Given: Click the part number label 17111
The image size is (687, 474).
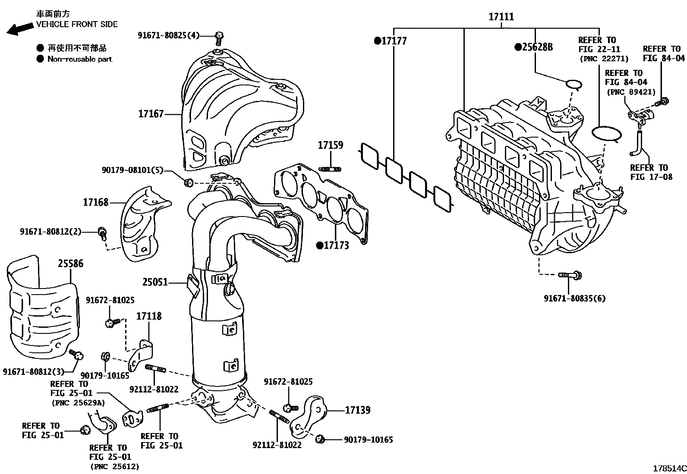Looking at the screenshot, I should (501, 17).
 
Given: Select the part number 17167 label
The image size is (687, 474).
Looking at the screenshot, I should (151, 114).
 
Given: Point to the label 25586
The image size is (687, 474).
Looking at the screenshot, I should (71, 263).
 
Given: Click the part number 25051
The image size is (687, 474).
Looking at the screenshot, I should (155, 283).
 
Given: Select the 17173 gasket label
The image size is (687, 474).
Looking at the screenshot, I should (336, 245).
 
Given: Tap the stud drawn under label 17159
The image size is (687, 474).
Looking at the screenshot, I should (330, 169).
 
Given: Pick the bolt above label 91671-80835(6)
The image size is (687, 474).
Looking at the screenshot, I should (569, 274).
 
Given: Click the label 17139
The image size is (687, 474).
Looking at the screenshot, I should (357, 410).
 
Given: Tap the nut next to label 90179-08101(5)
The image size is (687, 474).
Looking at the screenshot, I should (188, 183).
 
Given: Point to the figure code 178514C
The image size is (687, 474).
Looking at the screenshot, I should (668, 468).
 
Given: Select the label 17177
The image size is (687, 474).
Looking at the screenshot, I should (394, 41).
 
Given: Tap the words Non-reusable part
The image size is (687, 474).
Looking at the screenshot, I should (79, 60).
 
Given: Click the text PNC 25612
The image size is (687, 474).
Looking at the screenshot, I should (114, 466).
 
